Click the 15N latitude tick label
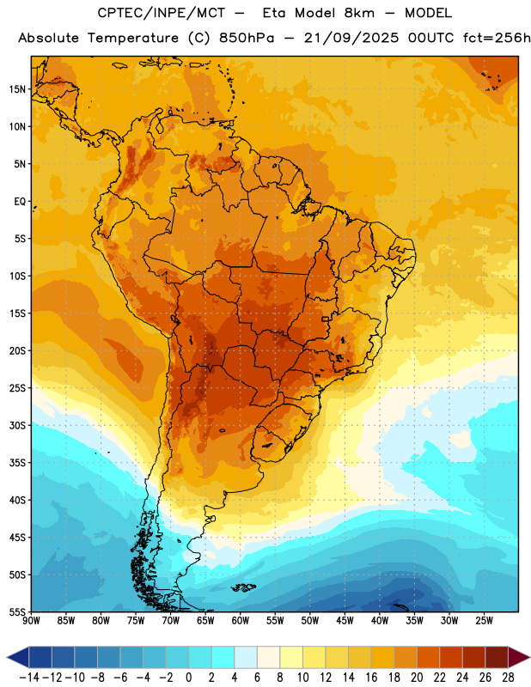tap(17, 89)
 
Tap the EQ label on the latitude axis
tap(20, 202)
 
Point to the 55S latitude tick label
tap(17, 611)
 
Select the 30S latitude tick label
tap(17, 425)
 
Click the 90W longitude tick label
tap(31, 621)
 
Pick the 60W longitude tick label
tap(241, 621)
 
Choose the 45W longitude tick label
tap(345, 621)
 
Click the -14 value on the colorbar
tap(29, 678)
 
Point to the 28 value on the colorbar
tap(508, 678)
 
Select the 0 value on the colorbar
tap(189, 678)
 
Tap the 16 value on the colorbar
tap(371, 678)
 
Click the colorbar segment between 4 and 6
tap(246, 657)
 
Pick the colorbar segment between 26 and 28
tap(497, 657)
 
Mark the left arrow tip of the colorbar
tap(7, 657)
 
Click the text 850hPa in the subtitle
tap(247, 38)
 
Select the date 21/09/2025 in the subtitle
tap(351, 38)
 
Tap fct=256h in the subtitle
tap(497, 38)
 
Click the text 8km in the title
tap(359, 13)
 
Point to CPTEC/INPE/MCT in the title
tap(162, 13)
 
